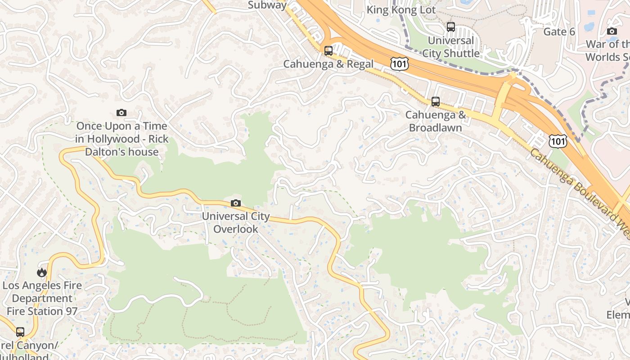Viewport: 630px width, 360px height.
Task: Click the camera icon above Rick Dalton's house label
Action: [121, 113]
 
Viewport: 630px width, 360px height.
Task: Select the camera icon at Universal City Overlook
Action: [235, 203]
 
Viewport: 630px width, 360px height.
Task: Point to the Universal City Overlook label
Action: [235, 222]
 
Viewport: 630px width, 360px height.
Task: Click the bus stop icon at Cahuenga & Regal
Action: [328, 51]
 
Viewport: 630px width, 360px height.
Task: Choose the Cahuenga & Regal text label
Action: [328, 64]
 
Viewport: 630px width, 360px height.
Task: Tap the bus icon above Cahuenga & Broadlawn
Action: [435, 102]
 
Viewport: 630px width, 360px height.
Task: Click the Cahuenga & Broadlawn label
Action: [435, 121]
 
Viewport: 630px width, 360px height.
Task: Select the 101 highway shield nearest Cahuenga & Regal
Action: [399, 63]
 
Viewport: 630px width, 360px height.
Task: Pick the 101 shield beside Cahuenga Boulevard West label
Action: [558, 141]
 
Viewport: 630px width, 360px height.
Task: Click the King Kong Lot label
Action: [401, 9]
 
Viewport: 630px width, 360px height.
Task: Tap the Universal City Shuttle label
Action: [450, 47]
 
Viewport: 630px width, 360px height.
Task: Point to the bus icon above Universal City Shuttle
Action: [450, 27]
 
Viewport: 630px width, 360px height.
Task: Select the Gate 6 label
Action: [559, 31]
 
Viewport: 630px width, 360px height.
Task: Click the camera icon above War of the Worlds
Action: [612, 31]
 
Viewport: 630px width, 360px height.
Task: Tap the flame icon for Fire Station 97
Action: [42, 272]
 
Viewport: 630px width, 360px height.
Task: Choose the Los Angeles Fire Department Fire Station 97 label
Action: [42, 298]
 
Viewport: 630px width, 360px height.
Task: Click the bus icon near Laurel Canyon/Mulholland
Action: [20, 332]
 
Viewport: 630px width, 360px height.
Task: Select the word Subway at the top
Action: [267, 5]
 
